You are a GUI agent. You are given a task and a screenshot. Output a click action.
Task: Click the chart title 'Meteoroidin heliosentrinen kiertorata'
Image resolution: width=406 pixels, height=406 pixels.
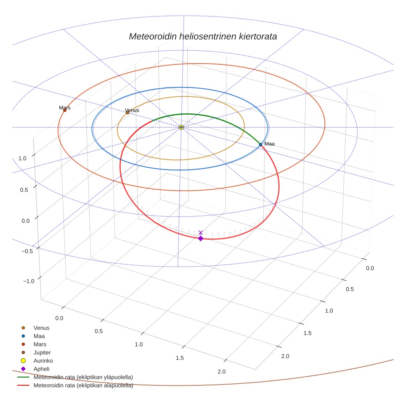(203, 36)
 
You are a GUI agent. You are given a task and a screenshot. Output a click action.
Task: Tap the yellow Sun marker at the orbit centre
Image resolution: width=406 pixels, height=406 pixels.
(181, 127)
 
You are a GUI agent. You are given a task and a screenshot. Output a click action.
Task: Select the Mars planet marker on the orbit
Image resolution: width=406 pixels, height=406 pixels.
(65, 110)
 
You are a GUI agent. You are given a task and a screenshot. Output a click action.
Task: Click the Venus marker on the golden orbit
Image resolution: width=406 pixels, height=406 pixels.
(127, 113)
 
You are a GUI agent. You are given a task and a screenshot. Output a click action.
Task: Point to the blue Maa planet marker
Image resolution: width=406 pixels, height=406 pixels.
(260, 144)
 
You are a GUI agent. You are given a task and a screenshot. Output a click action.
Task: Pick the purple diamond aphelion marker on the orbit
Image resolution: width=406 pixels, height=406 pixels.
(201, 238)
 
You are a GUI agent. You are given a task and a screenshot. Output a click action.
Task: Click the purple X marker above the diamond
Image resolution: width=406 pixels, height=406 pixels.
(201, 233)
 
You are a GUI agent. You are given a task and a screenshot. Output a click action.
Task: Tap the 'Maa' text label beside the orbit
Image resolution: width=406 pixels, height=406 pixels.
(269, 144)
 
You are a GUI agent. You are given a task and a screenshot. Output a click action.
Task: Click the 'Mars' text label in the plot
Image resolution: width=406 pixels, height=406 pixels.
(65, 108)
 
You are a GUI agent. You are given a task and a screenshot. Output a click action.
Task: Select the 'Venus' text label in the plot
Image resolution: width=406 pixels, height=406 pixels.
(132, 110)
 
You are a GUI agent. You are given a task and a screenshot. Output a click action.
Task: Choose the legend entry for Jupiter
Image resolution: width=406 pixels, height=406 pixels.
(42, 352)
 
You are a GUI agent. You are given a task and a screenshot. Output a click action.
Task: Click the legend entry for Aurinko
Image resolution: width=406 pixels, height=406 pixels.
(42, 361)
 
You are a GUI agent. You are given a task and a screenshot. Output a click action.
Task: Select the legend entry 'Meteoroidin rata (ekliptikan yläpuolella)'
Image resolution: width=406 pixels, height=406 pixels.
(83, 377)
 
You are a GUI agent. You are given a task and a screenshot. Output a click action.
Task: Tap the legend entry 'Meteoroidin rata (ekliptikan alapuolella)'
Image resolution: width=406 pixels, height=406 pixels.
(83, 385)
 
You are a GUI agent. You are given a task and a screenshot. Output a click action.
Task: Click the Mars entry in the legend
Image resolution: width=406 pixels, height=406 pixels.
(40, 344)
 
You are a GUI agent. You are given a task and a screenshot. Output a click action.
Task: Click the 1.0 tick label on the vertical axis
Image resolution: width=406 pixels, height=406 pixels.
(22, 158)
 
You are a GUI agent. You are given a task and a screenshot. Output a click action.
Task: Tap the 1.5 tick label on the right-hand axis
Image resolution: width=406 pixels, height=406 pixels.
(308, 333)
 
